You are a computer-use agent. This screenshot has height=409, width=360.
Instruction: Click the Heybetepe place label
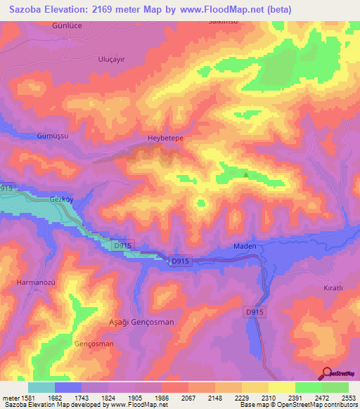click(165, 138)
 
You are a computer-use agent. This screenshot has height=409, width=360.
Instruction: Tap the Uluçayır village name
click(110, 60)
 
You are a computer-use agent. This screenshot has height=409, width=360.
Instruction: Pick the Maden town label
click(245, 247)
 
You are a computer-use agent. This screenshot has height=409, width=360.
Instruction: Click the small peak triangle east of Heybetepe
click(245, 174)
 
